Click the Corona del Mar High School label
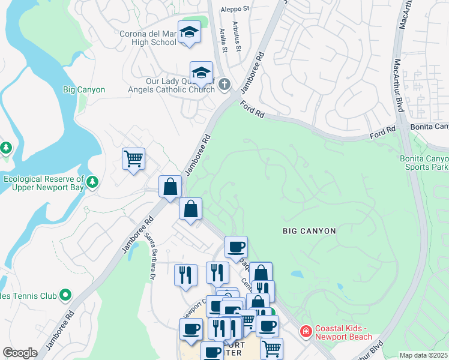coord(148,38)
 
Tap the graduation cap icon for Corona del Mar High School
coord(189,31)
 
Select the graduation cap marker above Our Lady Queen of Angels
coord(201,73)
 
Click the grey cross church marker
coord(224,84)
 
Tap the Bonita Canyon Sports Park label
coord(425,163)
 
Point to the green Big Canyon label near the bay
coord(84,90)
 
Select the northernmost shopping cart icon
coord(133,159)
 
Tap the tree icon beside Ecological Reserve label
coord(92,181)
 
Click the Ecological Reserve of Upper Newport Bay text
coord(43,184)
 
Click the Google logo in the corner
coord(20,353)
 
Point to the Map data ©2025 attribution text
coord(424,355)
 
